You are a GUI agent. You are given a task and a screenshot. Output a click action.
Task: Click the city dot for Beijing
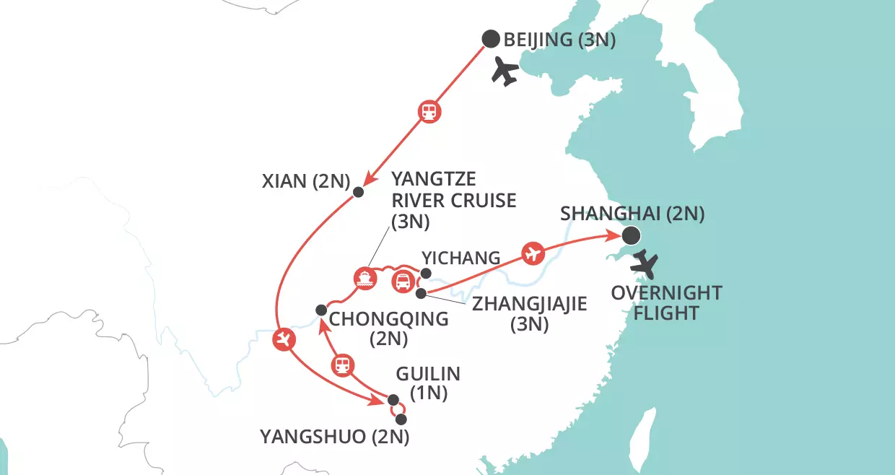pyautogui.click(x=491, y=39)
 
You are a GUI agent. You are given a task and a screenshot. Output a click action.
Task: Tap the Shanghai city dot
pyautogui.click(x=631, y=235)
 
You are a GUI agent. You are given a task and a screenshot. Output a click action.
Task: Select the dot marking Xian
pyautogui.click(x=358, y=192)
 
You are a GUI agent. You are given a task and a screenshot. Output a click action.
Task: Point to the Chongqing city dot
pyautogui.click(x=320, y=310)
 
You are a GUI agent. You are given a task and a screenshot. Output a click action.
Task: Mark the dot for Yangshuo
pyautogui.click(x=401, y=419)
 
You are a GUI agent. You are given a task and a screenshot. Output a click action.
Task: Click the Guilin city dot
pyautogui.click(x=393, y=400)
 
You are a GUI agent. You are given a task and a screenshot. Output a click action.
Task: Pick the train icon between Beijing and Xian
pyautogui.click(x=429, y=112)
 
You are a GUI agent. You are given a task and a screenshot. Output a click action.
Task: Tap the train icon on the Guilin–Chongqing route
pyautogui.click(x=343, y=365)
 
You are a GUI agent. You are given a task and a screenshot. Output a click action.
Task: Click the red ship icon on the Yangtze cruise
pyautogui.click(x=364, y=278)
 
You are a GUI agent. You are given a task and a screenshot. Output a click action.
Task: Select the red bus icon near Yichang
pyautogui.click(x=402, y=282)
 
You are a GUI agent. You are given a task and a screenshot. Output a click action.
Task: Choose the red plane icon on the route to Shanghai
pyautogui.click(x=533, y=253)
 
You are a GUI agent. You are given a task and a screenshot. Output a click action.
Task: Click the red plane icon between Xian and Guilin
pyautogui.click(x=284, y=339)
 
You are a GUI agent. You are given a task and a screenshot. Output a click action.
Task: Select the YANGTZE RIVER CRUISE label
pyautogui.click(x=453, y=200)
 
